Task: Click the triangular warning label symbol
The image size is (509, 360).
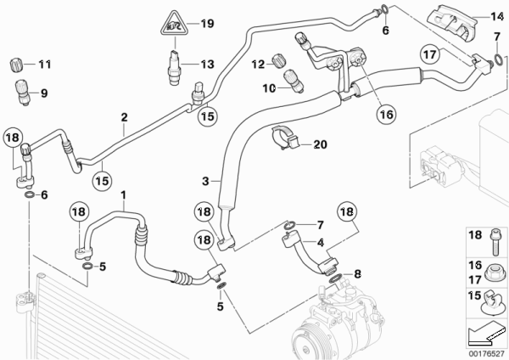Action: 175,24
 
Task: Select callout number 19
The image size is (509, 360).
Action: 207,24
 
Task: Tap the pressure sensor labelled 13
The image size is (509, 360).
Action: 174,68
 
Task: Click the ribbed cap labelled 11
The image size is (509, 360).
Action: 15,65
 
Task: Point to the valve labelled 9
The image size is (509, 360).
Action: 22,93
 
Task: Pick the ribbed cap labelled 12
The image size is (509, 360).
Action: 279,60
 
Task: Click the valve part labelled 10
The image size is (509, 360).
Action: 294,82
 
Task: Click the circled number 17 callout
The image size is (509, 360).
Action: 430,54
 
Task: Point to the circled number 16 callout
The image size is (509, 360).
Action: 386,114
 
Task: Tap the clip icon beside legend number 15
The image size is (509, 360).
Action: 493,303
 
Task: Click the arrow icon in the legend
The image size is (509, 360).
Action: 487,334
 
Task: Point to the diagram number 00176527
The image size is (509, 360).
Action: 487,353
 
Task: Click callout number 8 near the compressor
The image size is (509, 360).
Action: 357,274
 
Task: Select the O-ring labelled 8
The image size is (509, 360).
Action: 336,278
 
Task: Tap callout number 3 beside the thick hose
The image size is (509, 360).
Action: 205,181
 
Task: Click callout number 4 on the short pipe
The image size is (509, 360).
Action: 321,242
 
